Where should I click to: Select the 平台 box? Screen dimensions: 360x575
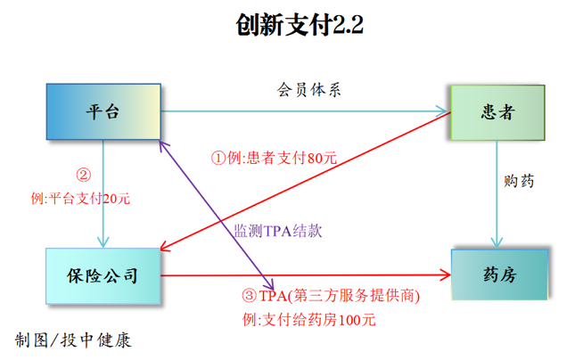(103, 112)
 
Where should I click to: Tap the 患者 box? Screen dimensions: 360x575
(497, 112)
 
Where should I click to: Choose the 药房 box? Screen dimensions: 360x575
(497, 274)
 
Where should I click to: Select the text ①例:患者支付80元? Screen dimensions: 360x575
(273, 158)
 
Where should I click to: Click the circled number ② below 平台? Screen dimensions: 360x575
(82, 176)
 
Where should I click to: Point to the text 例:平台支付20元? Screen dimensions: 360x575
(80, 199)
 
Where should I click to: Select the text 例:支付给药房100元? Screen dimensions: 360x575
(308, 319)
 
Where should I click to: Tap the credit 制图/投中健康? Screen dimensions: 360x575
(73, 340)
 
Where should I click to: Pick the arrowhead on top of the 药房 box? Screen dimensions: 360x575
(497, 242)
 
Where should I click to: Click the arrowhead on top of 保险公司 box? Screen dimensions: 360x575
(103, 241)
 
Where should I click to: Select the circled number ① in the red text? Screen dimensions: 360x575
(217, 159)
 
